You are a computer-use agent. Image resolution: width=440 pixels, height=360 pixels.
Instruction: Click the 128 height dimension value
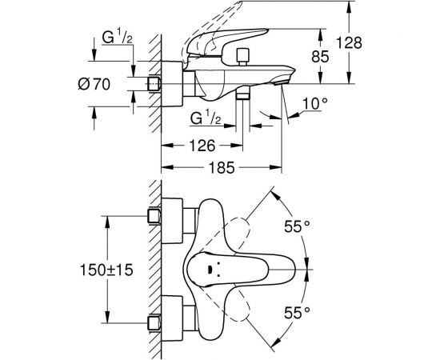(349, 43)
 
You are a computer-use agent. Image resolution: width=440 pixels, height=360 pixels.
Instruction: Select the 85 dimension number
(320, 57)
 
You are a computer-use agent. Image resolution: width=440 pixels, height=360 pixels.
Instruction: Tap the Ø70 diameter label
(94, 84)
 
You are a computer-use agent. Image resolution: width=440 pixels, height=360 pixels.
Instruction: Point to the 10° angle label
(315, 103)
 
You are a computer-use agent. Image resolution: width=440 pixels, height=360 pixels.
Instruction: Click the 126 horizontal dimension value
(202, 146)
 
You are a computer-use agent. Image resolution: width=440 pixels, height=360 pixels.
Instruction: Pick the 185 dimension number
(222, 167)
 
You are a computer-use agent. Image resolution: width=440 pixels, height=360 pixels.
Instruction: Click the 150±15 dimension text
(106, 270)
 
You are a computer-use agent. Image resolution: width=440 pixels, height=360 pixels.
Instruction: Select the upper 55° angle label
(297, 226)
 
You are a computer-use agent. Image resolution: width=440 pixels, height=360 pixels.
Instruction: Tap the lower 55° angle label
(297, 313)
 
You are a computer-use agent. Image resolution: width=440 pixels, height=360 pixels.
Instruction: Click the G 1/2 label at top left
(117, 37)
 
